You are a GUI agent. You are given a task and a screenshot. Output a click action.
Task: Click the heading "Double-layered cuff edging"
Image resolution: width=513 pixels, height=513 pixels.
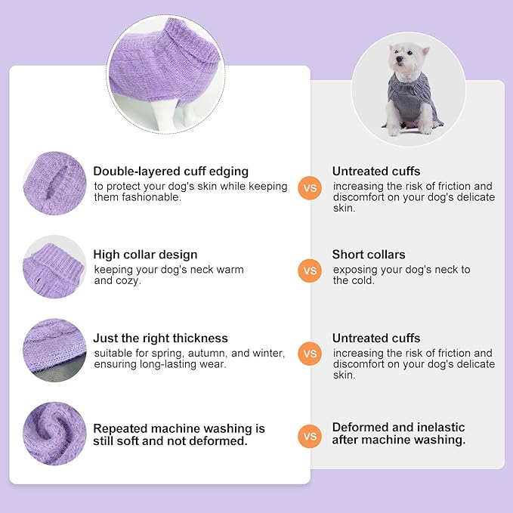171,172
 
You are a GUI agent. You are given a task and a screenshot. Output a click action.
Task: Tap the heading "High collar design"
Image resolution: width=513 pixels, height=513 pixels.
145,255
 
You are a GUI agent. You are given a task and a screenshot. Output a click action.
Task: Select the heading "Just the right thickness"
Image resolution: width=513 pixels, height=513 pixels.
160,338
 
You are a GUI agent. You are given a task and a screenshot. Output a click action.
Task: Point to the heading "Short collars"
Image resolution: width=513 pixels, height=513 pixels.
369,255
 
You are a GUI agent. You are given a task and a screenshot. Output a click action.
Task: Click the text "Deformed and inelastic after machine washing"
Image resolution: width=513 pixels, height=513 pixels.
399,434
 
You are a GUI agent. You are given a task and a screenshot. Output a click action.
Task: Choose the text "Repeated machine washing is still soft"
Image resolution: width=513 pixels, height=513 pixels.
179,434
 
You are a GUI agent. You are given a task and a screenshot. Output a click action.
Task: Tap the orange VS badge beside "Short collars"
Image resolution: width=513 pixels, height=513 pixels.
310,270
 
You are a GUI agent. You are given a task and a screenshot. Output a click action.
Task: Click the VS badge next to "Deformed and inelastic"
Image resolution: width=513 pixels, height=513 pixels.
310,435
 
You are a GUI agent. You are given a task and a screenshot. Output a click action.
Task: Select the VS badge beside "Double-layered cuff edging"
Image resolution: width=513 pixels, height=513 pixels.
310,187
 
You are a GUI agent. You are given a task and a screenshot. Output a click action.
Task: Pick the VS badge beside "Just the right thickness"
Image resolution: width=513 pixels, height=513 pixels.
310,353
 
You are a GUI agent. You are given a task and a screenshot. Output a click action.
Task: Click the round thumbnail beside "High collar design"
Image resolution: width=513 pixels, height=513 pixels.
54,266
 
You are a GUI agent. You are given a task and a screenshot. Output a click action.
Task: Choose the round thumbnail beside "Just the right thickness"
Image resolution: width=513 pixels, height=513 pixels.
54,349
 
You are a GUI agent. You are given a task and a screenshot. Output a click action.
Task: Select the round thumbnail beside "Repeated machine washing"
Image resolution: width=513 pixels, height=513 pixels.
54,433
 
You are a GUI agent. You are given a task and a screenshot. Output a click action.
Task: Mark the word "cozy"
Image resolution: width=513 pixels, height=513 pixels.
128,280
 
